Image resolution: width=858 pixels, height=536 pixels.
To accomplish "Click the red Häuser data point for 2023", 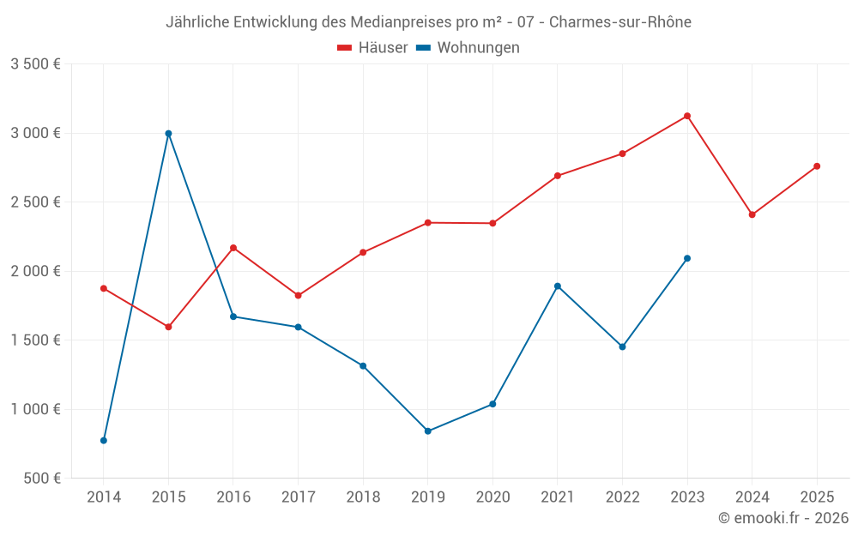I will [687, 116].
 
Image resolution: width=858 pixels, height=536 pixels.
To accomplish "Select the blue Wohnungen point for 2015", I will [168, 133].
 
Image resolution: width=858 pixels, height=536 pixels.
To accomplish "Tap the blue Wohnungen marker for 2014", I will [104, 441].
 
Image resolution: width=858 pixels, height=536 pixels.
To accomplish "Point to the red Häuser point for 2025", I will [817, 166].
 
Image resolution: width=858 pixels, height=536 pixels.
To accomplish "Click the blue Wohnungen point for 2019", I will [428, 431].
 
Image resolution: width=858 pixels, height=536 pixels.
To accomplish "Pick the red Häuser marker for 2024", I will [752, 214].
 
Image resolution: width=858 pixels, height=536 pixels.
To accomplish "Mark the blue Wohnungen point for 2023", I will [687, 258].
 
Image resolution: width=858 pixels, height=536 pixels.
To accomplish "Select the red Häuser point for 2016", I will [233, 248].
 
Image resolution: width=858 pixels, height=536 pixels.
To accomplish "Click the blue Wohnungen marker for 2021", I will [558, 286].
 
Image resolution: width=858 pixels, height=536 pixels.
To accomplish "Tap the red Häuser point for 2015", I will [168, 327].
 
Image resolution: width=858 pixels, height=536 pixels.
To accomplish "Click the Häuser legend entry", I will [372, 48].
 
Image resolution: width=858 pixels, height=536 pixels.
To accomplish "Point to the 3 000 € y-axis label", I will [35, 133].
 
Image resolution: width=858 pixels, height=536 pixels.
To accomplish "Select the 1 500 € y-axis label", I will [35, 340].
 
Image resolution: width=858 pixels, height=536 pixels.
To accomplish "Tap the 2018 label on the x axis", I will [363, 497].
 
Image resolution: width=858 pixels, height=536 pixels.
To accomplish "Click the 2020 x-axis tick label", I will [492, 497].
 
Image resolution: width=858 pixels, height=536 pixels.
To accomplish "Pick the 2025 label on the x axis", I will [817, 497].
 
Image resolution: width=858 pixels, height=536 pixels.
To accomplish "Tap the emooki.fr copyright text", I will [783, 518].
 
